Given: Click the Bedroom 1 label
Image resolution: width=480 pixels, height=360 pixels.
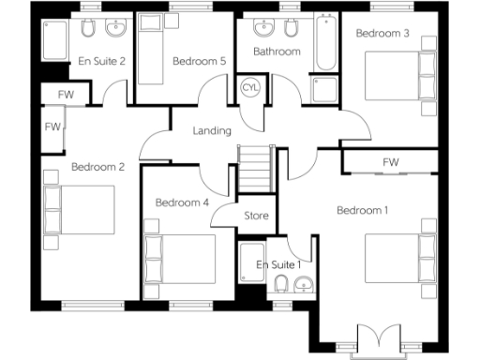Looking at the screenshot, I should pos(363,210).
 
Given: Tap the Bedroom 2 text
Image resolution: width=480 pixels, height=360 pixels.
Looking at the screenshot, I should pos(98,168).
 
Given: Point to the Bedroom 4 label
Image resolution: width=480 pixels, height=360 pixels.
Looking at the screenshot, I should pos(182,202).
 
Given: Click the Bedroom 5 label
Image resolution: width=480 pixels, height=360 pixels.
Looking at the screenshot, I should pos(200,62).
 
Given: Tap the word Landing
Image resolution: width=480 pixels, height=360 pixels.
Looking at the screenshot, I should pos(212,130).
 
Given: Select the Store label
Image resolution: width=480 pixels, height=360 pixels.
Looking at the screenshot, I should pos(257,216).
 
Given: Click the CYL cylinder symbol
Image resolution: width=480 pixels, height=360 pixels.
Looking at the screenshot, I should pos(250,87).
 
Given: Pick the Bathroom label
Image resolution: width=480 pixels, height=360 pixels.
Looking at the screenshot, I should pos(277,52).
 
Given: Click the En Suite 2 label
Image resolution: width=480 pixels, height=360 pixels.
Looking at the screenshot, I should pos(102,62).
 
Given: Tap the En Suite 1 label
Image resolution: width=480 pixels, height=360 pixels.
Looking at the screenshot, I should pos(278,264).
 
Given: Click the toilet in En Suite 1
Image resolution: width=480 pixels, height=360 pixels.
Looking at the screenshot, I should pos(280,286).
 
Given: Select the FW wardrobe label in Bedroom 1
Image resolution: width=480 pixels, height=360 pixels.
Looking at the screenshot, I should pos(390,162).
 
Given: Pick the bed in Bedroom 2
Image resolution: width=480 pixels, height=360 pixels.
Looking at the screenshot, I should pos(79,211).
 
